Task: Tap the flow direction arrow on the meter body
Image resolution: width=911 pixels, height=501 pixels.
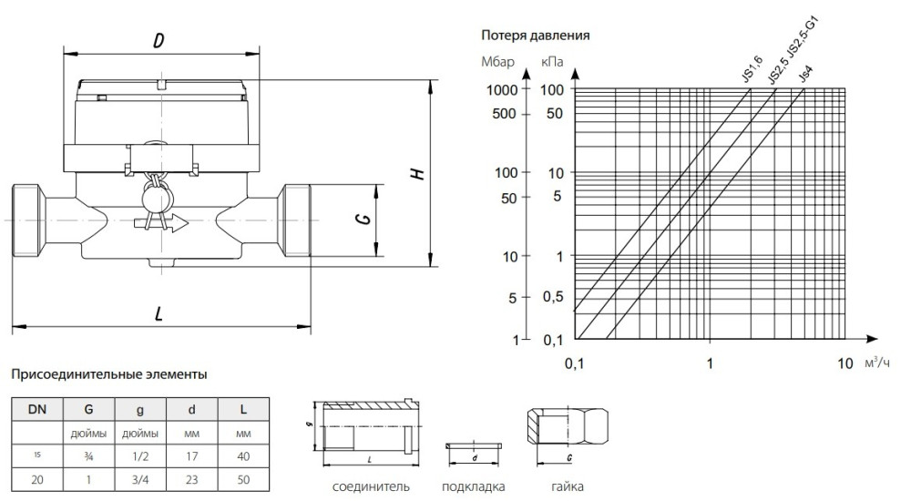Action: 160,222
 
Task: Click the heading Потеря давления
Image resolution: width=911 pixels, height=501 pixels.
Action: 536,36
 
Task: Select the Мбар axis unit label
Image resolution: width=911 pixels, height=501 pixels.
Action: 497,63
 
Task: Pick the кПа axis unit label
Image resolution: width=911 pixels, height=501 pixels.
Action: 551,63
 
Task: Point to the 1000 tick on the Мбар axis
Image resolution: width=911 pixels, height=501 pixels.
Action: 502,90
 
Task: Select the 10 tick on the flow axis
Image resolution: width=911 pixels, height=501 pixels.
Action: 844,363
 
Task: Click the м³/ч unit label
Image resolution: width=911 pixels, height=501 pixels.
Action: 878,363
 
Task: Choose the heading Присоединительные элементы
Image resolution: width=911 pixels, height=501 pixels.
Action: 108,373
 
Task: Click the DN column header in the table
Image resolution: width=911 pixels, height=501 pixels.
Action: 37,409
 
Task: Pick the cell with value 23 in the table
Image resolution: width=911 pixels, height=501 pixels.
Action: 191,475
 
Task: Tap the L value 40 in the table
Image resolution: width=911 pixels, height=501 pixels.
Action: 243,454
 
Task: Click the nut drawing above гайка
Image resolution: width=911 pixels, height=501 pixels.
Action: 567,430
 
